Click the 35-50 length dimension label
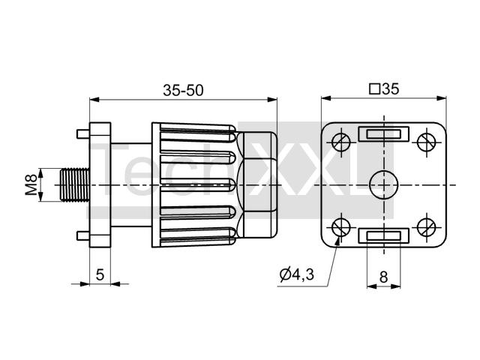coord(183,90)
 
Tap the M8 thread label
coord(31,184)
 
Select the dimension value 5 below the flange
coord(100,274)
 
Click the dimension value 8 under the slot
coord(383,277)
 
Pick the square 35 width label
coord(385,89)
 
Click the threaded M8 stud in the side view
coord(75,184)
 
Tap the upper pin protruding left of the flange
coord(83,133)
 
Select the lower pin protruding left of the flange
coord(83,235)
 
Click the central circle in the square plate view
coord(383,185)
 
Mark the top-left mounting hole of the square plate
coord(341,142)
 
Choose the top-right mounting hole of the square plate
coord(427,142)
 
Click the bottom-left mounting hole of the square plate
coord(341,227)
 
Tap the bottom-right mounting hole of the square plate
coord(427,227)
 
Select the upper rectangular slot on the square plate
coord(383,134)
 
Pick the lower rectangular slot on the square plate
coord(383,235)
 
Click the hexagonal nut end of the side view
coord(257,185)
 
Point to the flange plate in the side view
coord(100,185)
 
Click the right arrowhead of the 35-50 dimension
coord(272,100)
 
